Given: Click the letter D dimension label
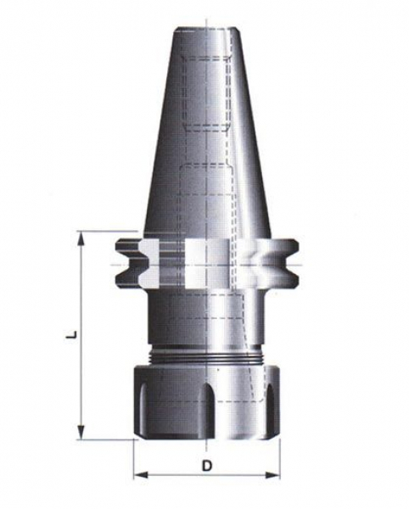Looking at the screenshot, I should click(x=206, y=465).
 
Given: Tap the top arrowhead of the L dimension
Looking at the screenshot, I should click(x=81, y=238).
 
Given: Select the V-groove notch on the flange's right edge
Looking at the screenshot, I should click(x=292, y=263).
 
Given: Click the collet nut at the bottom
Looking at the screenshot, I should click(x=206, y=403).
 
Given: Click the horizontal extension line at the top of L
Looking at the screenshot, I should click(x=106, y=231).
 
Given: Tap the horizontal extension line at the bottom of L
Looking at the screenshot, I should click(x=106, y=439).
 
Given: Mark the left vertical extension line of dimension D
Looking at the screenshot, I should click(x=135, y=458).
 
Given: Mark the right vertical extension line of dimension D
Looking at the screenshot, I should click(x=279, y=458).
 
